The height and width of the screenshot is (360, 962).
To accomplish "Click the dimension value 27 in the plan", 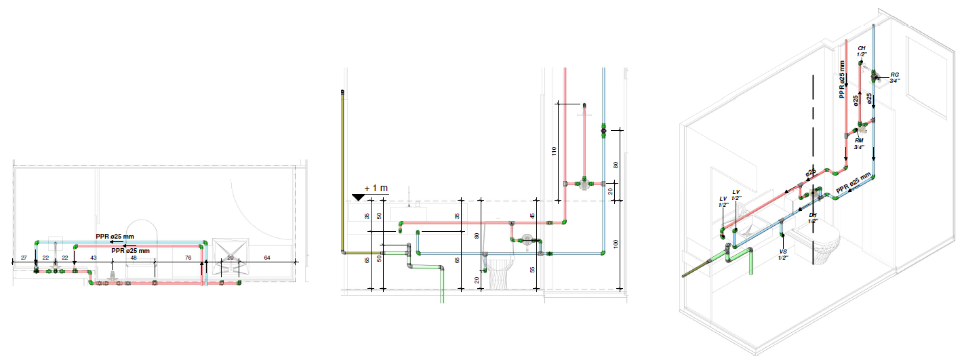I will coord(24,258).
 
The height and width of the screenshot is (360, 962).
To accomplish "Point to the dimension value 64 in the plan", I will coord(267,258).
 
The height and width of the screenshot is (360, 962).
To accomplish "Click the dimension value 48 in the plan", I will coord(134,258).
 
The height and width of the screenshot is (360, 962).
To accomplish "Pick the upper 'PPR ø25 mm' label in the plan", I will coord(115,237).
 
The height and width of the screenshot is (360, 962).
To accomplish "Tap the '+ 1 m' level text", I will coord(376,188).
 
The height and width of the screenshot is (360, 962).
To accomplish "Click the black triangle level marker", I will coord(359,197).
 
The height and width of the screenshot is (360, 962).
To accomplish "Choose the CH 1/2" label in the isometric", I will coord(862,52).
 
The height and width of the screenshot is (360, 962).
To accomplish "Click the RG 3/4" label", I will coord(895,77).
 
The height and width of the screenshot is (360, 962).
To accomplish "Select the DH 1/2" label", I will coord(813,218).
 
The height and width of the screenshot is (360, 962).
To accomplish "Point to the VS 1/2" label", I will coord(782,254).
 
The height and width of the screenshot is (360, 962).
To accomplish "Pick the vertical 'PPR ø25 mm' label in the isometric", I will coord(842,80).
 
